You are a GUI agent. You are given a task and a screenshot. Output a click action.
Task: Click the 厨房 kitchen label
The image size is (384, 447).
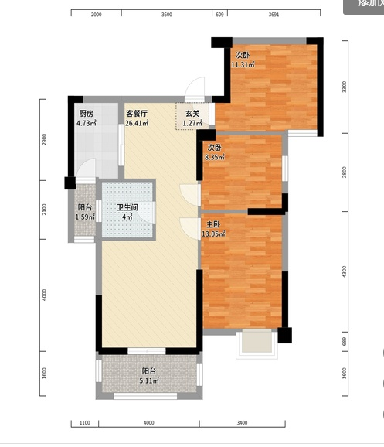(86, 113)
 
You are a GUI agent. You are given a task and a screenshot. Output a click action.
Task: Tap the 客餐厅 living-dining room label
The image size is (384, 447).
(137, 113)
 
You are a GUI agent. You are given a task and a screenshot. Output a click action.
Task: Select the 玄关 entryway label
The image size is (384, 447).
(192, 113)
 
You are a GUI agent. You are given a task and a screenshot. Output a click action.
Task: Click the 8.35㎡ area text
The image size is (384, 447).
(214, 157)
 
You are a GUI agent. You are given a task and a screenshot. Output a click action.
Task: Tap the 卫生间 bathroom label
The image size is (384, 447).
(127, 207)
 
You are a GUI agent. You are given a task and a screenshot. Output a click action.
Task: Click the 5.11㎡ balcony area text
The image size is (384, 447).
(148, 380)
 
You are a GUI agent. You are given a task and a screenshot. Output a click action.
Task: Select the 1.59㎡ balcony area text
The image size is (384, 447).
(86, 217)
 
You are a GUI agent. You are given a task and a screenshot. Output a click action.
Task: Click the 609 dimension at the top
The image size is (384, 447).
(219, 15)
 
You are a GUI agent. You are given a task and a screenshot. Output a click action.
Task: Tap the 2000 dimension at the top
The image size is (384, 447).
(96, 15)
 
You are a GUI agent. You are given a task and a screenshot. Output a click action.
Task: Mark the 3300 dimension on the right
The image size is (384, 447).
(345, 86)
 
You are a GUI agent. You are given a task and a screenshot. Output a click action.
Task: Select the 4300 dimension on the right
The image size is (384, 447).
(345, 271)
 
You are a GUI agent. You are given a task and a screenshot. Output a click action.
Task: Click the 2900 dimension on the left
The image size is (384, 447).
(46, 140)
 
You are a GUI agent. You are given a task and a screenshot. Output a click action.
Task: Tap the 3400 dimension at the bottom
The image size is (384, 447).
(242, 423)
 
